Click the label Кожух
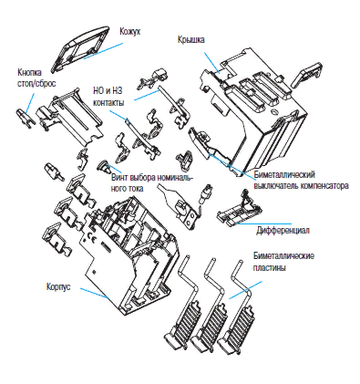(x=130, y=32)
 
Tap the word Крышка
(x=191, y=39)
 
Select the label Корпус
(x=58, y=286)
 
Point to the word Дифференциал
(x=283, y=230)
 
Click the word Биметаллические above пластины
(x=283, y=255)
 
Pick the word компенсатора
(x=324, y=185)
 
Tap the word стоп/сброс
(x=36, y=83)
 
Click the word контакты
(x=108, y=102)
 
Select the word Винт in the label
(x=119, y=178)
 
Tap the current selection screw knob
(x=103, y=166)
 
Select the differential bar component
(x=240, y=210)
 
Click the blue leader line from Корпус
(x=95, y=294)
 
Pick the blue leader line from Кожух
(x=103, y=50)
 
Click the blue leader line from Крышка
(x=211, y=62)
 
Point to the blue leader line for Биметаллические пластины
(x=245, y=290)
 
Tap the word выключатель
(x=276, y=185)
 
